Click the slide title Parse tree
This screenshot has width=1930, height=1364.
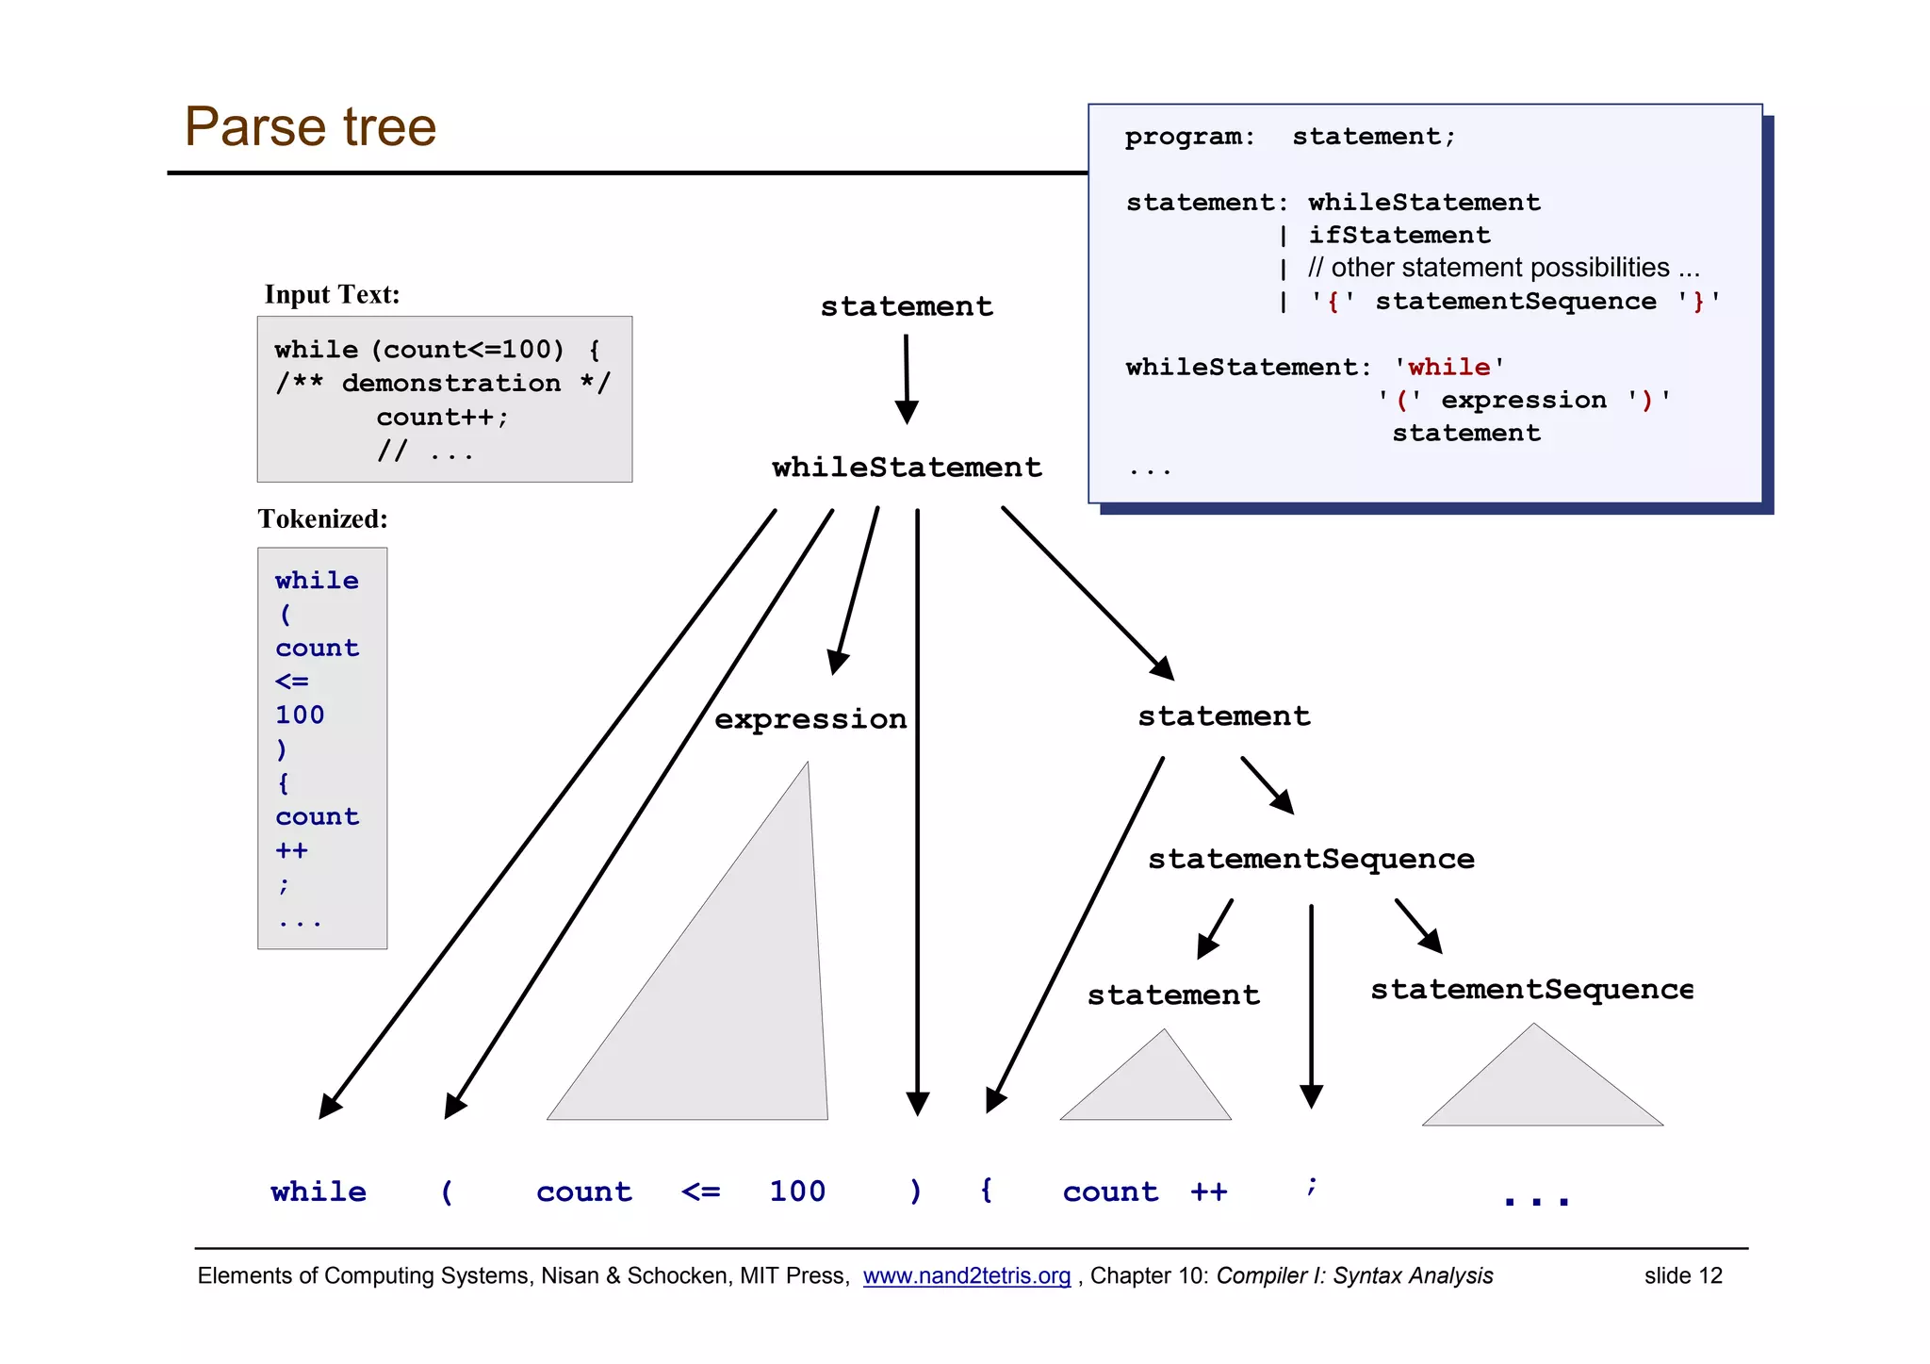(x=310, y=127)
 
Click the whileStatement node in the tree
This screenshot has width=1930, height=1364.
(x=907, y=468)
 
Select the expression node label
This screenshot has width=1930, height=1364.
(x=810, y=719)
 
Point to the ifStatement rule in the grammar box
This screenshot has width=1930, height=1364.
(x=1398, y=236)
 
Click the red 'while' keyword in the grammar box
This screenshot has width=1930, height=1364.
(x=1448, y=367)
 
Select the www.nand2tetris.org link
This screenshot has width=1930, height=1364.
(x=966, y=1276)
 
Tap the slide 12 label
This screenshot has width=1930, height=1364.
(x=1683, y=1276)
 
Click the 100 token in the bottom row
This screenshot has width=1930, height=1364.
(x=797, y=1192)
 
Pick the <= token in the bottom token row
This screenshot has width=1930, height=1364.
(x=700, y=1192)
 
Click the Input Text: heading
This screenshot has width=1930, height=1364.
(x=332, y=295)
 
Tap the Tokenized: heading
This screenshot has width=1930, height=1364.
(x=322, y=519)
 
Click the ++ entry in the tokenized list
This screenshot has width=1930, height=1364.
(x=291, y=851)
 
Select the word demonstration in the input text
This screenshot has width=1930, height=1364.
(x=450, y=384)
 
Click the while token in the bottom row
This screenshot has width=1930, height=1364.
(x=319, y=1192)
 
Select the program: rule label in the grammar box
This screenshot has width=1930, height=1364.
(x=1189, y=138)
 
